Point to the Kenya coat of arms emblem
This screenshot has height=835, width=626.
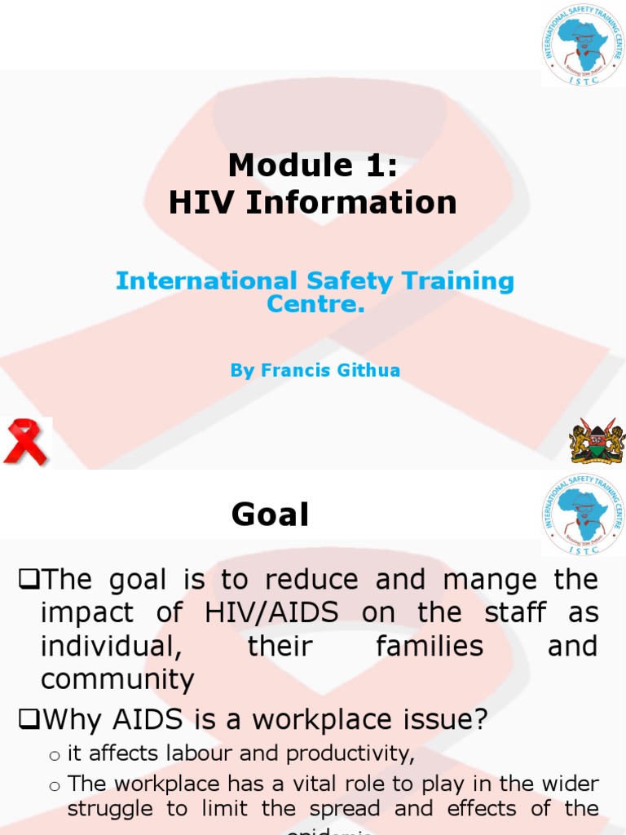pos(597,442)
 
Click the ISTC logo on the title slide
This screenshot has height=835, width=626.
pos(583,45)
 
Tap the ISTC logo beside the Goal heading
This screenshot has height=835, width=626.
pos(583,515)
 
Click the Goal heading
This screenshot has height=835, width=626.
pos(270,515)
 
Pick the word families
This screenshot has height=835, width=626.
pos(430,647)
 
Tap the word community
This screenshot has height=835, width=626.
pos(118,679)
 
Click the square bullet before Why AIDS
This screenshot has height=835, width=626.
pos(28,720)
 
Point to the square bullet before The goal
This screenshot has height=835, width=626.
pos(28,581)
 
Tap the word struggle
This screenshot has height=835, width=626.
pos(109,809)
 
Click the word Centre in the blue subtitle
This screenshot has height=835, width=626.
pos(314,305)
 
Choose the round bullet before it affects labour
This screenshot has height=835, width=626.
pos(55,757)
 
